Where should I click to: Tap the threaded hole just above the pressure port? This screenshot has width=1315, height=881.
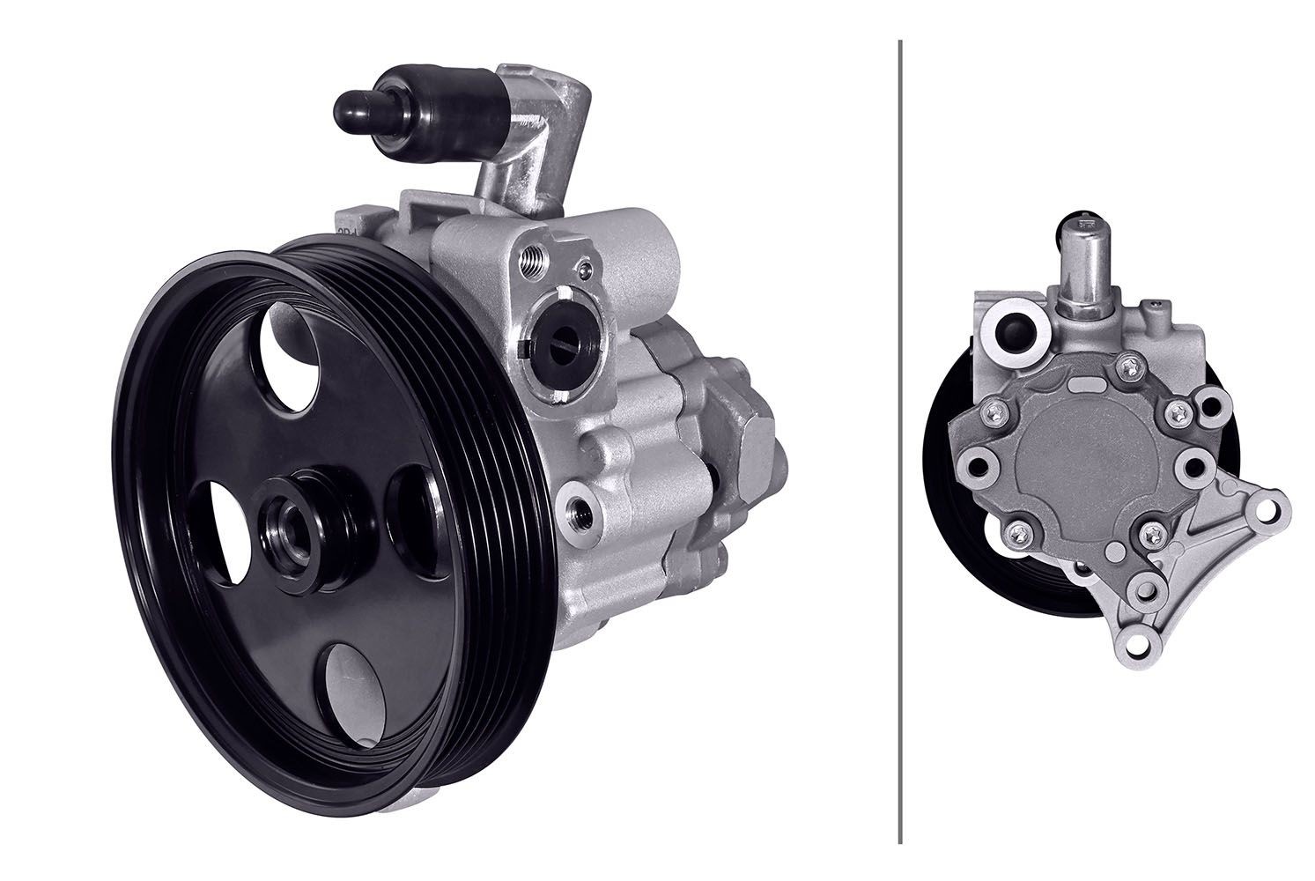[x=530, y=260]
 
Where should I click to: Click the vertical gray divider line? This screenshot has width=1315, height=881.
[x=899, y=440]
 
